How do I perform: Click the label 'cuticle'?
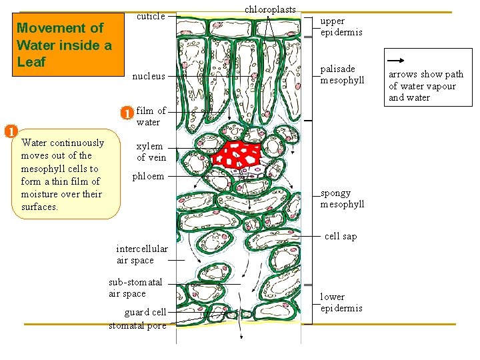pos(151,16)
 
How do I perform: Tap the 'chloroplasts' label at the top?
pos(269,9)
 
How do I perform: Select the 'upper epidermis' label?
pos(341,27)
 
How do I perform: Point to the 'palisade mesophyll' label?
pos(342,75)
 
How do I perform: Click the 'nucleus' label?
pos(149,76)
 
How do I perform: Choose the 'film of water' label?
pos(151,117)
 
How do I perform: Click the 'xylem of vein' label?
pos(151,152)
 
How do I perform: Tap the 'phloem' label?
pos(148,177)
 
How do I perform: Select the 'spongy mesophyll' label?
pos(342,199)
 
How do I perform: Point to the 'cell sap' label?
pos(340,236)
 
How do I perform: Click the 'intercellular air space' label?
pos(141,255)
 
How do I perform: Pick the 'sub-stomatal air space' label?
pos(136,287)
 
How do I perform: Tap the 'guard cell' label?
pos(145,312)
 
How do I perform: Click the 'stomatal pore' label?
pos(137,325)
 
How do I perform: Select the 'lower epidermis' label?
pos(341,302)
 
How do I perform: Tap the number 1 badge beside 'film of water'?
pos(127,113)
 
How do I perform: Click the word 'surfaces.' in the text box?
pos(40,207)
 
